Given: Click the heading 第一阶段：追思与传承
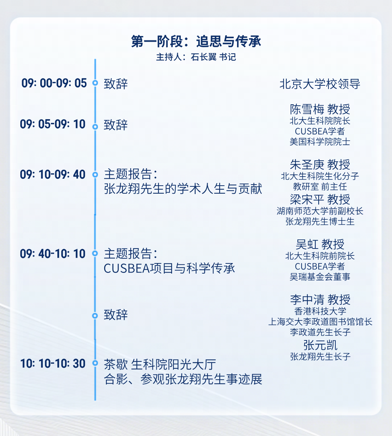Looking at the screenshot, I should click(x=196, y=41).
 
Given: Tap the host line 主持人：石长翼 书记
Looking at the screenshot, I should click(x=196, y=57).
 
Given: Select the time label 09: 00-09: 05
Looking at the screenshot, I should click(x=54, y=83).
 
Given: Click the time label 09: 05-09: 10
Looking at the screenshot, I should click(x=53, y=124).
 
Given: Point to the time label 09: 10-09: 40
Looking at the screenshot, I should click(x=53, y=174).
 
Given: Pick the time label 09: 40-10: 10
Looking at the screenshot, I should click(x=53, y=254).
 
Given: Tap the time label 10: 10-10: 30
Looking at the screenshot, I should click(x=53, y=363).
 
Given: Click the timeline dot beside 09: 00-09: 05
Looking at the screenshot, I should click(x=95, y=83).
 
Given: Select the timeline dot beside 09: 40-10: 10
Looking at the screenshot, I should click(x=95, y=253).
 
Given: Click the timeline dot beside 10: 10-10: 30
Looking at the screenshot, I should click(x=95, y=363).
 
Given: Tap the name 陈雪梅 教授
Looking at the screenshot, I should click(x=320, y=109).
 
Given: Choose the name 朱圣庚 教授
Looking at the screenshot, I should click(x=320, y=165).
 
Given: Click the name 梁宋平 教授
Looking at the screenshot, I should click(x=320, y=199).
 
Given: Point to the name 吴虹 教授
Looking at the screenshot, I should click(x=320, y=244).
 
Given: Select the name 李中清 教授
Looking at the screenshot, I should click(x=320, y=300).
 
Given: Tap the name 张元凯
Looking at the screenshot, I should click(x=320, y=345).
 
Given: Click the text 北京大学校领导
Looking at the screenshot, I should click(x=320, y=84).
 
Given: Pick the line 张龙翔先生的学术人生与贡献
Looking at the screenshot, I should click(x=183, y=189).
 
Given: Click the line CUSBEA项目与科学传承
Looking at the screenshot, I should click(x=169, y=268).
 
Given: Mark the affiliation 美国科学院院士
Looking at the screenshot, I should click(x=320, y=142).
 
